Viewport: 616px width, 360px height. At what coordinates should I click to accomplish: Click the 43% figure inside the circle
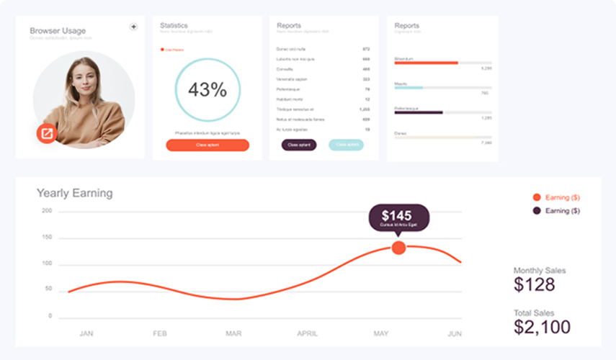tap(207, 90)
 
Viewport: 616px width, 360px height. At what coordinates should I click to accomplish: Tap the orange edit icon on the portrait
tap(47, 132)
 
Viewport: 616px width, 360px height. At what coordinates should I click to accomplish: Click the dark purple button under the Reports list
tap(298, 145)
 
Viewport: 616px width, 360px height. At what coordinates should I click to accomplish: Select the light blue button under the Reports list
tap(346, 145)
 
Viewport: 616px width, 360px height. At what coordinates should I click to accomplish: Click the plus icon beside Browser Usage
tap(133, 27)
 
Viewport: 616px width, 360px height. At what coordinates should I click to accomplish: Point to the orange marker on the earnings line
tap(398, 248)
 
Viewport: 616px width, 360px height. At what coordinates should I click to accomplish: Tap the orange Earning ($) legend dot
tap(536, 197)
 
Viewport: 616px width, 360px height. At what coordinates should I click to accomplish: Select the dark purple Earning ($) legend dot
tap(536, 211)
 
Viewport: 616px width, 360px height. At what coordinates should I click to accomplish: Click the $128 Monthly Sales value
tap(535, 284)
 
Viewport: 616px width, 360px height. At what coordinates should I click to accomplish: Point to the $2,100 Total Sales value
tap(543, 328)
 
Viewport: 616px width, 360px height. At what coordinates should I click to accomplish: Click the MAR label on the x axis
tap(233, 334)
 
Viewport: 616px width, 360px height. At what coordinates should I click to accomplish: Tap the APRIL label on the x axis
tap(308, 334)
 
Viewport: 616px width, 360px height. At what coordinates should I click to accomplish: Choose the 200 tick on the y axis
tap(47, 211)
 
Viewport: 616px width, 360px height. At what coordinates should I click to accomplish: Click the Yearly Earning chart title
tap(74, 193)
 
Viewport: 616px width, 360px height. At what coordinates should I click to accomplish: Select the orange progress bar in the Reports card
tap(426, 63)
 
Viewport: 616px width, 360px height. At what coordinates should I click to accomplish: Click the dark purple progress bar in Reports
tap(418, 112)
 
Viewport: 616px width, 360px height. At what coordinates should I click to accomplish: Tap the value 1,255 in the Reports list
tap(365, 109)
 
